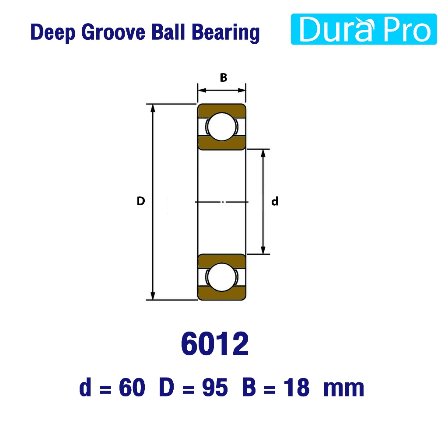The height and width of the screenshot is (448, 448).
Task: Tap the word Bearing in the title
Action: (225, 33)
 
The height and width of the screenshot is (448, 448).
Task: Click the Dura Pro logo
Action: (364, 29)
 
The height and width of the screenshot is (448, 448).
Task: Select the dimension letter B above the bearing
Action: (224, 77)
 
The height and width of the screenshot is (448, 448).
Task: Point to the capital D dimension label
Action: (141, 201)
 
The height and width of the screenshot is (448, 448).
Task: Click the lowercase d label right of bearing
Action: (275, 201)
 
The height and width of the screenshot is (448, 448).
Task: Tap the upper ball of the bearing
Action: (222, 126)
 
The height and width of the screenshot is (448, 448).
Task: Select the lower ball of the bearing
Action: (222, 277)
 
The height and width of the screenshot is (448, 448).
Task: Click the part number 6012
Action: (215, 343)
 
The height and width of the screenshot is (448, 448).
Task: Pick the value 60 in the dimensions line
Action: (132, 388)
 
